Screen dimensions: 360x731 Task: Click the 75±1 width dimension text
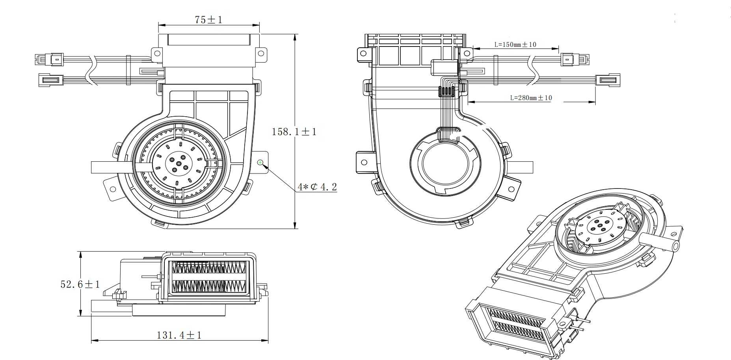[x=208, y=19]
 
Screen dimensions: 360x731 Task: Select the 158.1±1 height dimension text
[x=294, y=132]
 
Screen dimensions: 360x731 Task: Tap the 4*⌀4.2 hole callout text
[x=317, y=187]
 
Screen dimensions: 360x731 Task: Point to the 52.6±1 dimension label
[x=80, y=284]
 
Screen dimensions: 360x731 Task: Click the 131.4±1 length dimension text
[x=179, y=335]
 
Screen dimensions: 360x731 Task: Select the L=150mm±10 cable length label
[x=515, y=45]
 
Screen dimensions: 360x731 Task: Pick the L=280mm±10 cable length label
[x=531, y=98]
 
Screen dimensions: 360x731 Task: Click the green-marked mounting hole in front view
[x=260, y=162]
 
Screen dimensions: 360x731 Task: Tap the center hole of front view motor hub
[x=179, y=163]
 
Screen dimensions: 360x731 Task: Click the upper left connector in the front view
[x=51, y=60]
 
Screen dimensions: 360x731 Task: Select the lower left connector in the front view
[x=50, y=80]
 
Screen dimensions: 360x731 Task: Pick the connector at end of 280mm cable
[x=608, y=80]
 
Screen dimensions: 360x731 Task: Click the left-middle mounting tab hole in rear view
[x=364, y=162]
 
